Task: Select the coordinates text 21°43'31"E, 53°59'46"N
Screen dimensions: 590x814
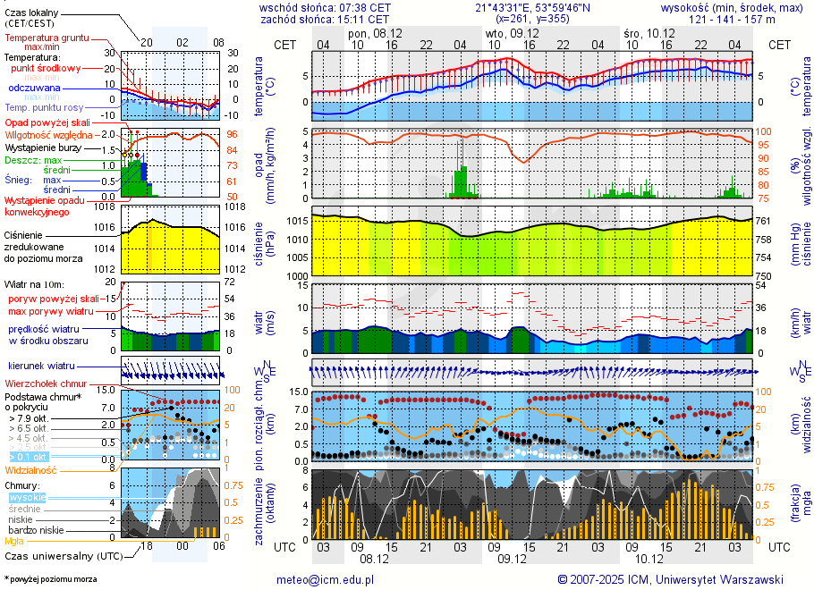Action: click(532, 7)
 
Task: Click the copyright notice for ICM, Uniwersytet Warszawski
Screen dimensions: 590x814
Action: click(670, 579)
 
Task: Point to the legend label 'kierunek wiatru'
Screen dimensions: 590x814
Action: click(41, 367)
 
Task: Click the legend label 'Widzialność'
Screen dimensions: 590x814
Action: click(31, 469)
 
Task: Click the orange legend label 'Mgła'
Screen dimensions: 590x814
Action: click(14, 541)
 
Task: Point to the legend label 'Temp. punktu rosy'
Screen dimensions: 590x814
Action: click(47, 107)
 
